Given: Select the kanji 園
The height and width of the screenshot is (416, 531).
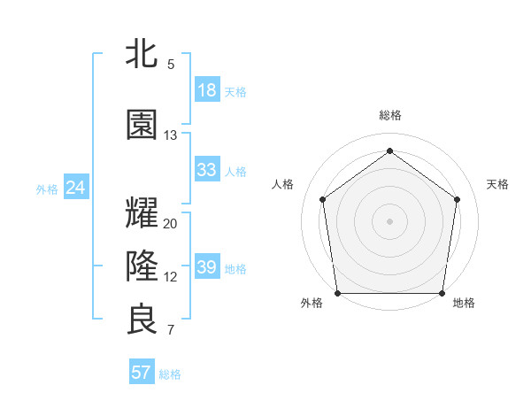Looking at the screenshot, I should [142, 125].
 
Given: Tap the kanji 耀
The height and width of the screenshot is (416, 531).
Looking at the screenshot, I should [142, 214].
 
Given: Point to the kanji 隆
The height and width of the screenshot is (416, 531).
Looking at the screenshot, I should [142, 264].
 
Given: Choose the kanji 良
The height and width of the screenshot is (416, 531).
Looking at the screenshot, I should [142, 320].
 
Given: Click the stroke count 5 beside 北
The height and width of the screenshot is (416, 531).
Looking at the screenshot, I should [171, 65].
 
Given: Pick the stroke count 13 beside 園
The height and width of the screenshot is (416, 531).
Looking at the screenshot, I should [171, 135].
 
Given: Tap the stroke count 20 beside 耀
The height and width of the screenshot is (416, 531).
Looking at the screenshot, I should [171, 224].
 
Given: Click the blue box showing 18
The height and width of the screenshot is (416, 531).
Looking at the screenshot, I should [206, 90].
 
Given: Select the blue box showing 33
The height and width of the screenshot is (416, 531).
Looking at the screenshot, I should [206, 170].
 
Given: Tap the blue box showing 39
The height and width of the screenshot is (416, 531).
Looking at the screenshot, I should [206, 267].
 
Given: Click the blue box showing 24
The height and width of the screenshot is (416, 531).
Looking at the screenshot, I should [75, 188].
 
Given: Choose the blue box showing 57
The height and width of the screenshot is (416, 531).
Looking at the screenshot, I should [141, 373].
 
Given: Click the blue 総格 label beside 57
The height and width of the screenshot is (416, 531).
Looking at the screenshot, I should [170, 374].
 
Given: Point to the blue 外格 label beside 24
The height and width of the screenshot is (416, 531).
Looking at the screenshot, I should [47, 189].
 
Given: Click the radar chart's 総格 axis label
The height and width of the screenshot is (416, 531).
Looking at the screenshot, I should [389, 116].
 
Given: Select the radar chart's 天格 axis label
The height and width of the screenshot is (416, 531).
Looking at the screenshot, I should [497, 184].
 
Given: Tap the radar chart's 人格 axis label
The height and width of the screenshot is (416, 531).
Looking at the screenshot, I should [282, 184].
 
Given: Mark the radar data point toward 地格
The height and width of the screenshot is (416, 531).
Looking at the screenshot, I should [442, 293].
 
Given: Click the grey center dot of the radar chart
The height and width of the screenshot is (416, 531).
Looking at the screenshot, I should [389, 220].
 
